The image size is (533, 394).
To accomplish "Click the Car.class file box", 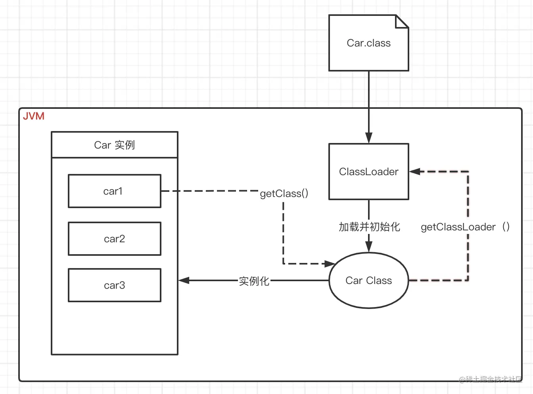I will pos(368,43).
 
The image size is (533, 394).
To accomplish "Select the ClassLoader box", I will pos(368,172).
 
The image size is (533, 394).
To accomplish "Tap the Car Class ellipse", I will pos(368,280).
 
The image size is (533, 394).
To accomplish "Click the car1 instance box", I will pos(114,191).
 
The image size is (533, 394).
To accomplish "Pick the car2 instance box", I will pos(114,239).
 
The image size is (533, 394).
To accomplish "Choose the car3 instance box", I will pos(114,285).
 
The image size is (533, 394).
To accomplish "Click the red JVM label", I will pos(34,116).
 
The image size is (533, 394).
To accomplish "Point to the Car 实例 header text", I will pos(114,145).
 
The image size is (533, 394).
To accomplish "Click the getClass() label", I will pos(284,193).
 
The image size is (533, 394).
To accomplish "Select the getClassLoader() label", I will pos(465,227).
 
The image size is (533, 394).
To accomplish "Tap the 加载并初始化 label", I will pos(369,227).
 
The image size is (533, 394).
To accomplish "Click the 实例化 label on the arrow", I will pos(254,281).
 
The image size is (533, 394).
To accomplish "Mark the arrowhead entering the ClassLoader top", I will pos(369,138).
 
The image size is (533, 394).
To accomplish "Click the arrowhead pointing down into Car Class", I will pos(369,247).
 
